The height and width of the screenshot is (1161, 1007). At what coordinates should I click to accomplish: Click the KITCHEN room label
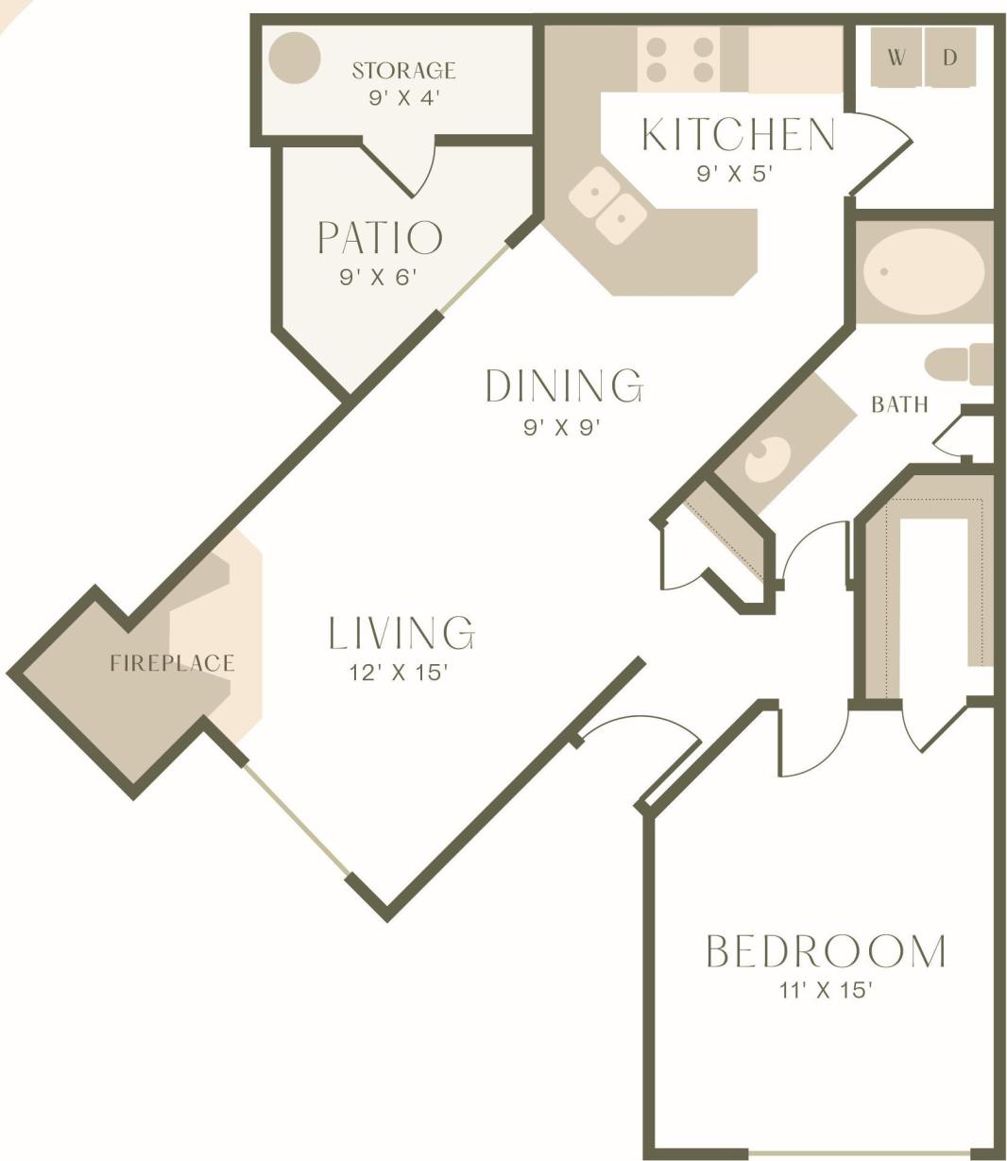tap(739, 135)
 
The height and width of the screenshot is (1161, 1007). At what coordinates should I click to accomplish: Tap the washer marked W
tap(896, 58)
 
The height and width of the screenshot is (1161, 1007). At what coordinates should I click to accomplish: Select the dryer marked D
tap(950, 58)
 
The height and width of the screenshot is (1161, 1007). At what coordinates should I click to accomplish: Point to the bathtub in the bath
tap(923, 271)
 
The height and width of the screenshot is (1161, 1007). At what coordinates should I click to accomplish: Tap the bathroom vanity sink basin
tap(769, 459)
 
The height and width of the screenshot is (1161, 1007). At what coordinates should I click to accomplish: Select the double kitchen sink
tap(608, 205)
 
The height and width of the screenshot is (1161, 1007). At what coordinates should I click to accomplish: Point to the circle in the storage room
tap(294, 58)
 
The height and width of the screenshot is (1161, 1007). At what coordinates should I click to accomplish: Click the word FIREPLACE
tap(172, 663)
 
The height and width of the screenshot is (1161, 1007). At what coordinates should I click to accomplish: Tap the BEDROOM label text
tap(826, 951)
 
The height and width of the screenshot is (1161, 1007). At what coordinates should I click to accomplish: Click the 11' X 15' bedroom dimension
tap(825, 991)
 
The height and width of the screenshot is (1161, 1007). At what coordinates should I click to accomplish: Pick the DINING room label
tap(564, 386)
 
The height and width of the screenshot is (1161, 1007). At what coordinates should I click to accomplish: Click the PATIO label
tap(380, 238)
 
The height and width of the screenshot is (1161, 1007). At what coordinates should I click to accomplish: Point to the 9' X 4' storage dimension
tap(404, 97)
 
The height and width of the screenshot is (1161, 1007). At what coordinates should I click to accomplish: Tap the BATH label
tap(899, 405)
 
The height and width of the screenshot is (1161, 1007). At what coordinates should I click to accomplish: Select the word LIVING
tap(401, 633)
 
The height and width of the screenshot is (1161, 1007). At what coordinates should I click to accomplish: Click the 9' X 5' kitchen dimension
tap(735, 174)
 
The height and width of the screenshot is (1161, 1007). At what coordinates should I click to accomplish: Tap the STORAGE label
tap(403, 70)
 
